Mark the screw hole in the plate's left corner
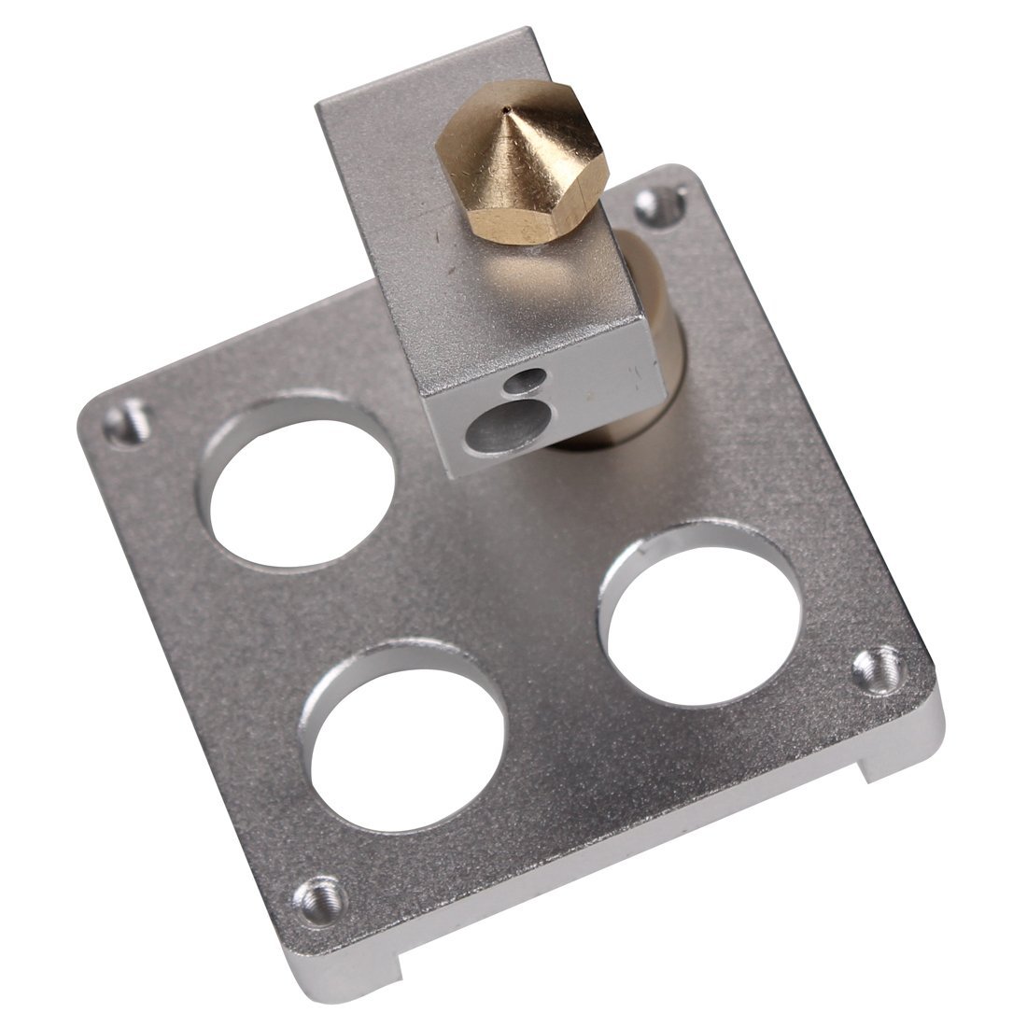pyautogui.click(x=126, y=425)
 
